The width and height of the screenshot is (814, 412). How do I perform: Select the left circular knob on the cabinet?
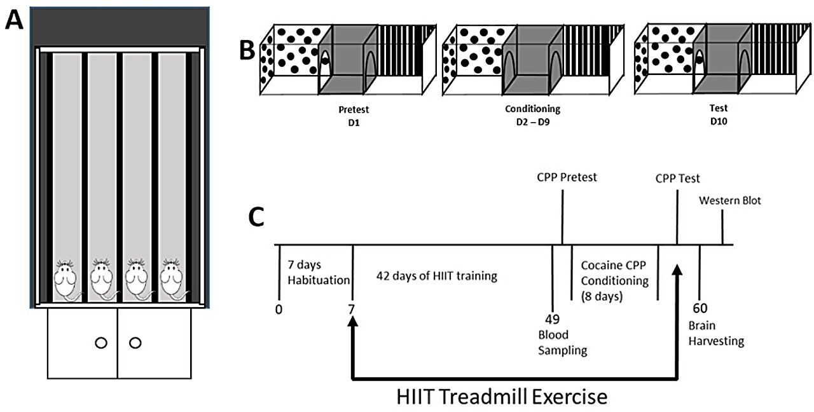click(x=100, y=343)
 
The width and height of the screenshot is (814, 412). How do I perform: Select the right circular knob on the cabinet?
click(x=134, y=343)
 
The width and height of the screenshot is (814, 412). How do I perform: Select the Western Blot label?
click(x=729, y=200)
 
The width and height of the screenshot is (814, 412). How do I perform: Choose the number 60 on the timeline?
click(x=701, y=312)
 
